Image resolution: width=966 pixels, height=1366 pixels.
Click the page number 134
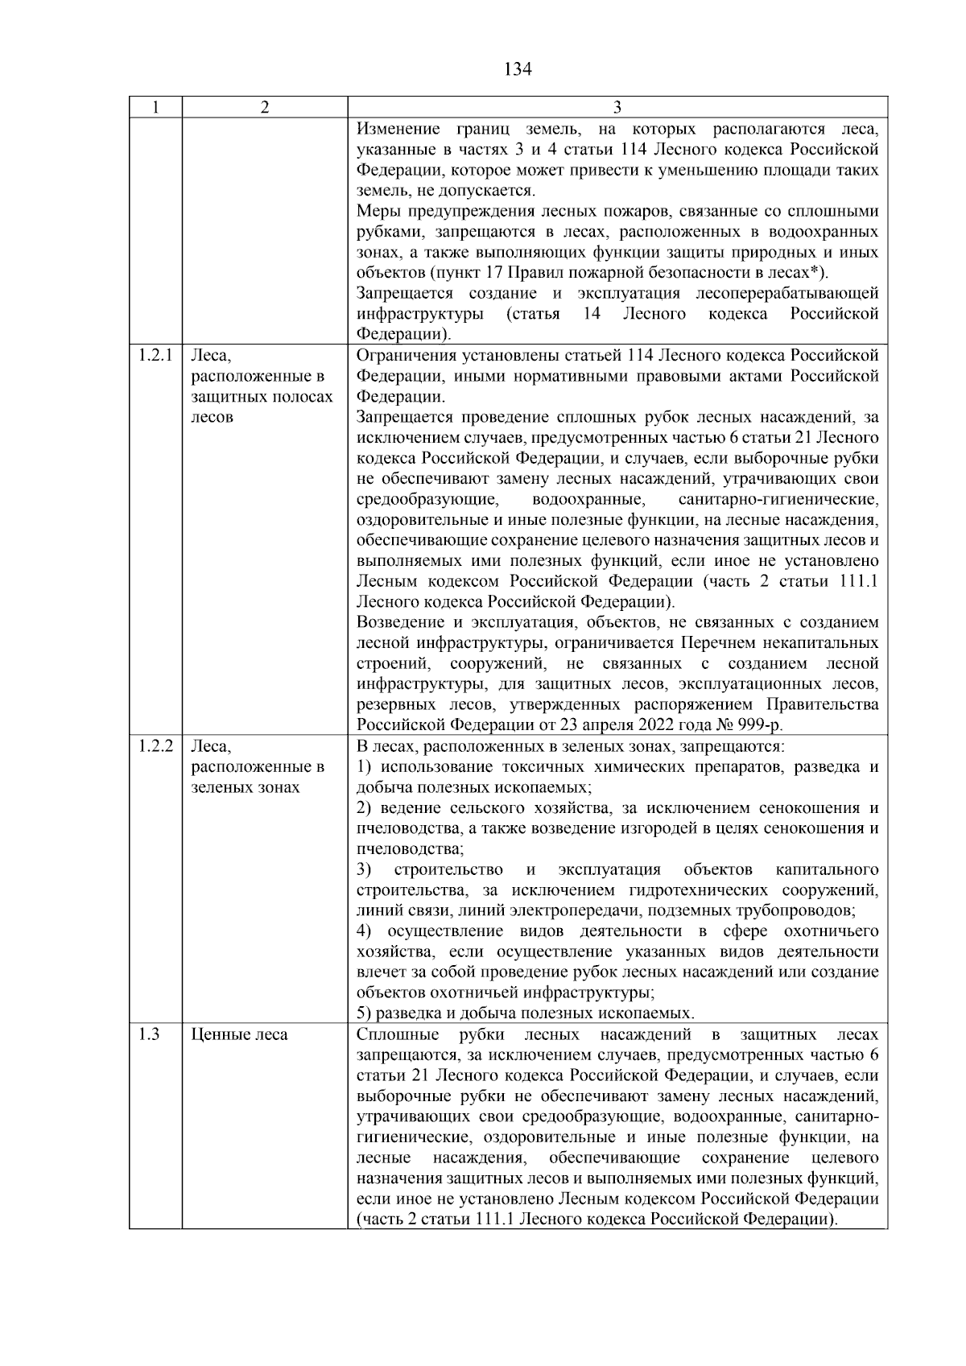tap(518, 69)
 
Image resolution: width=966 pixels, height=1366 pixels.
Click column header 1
tap(155, 107)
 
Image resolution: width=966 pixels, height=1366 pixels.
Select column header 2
tap(264, 107)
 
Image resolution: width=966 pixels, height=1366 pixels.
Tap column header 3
tap(617, 107)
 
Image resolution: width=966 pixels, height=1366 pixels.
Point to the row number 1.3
tap(148, 1034)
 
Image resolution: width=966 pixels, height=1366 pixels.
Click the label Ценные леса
tap(239, 1034)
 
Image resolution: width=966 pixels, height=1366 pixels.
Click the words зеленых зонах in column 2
tap(246, 787)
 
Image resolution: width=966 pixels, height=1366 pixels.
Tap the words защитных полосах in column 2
tap(262, 397)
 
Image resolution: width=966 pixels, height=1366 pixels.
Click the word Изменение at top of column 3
tap(398, 130)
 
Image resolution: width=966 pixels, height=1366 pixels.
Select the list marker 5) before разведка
tap(364, 1013)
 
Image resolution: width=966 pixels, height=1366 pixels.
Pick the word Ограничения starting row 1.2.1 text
tap(402, 356)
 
